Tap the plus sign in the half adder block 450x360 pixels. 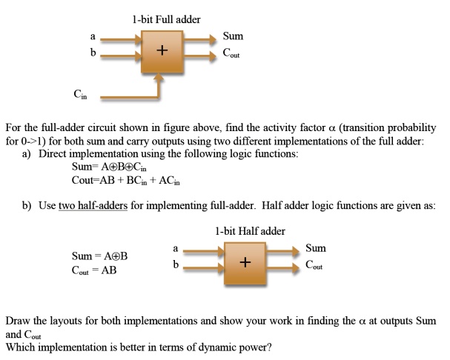(x=245, y=263)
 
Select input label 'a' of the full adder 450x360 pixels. (x=93, y=35)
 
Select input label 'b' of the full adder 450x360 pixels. (x=93, y=53)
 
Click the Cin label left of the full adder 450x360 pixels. (x=79, y=94)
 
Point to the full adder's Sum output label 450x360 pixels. (x=233, y=36)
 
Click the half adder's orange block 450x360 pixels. (x=245, y=264)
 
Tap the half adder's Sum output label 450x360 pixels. (x=315, y=248)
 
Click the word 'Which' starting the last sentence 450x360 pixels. (x=21, y=345)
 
